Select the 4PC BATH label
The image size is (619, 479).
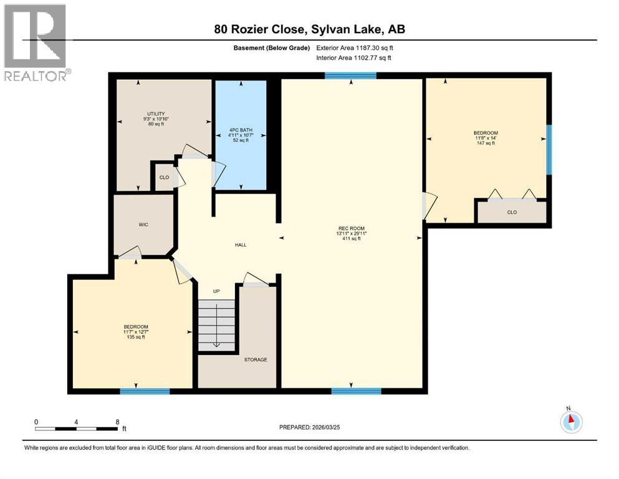click(240, 130)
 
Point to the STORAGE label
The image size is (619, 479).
click(256, 360)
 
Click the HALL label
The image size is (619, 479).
click(240, 245)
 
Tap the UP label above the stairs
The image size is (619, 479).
click(216, 291)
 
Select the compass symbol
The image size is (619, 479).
click(570, 422)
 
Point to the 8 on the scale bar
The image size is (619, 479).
click(117, 422)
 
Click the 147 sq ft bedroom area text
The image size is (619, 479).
click(485, 143)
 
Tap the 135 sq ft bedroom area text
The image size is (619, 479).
click(135, 337)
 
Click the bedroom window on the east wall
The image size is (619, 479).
click(549, 150)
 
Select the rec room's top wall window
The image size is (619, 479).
click(350, 75)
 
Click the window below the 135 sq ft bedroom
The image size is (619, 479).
click(145, 391)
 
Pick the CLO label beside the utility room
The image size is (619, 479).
click(164, 177)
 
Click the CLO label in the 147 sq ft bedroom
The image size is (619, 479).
click(511, 212)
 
